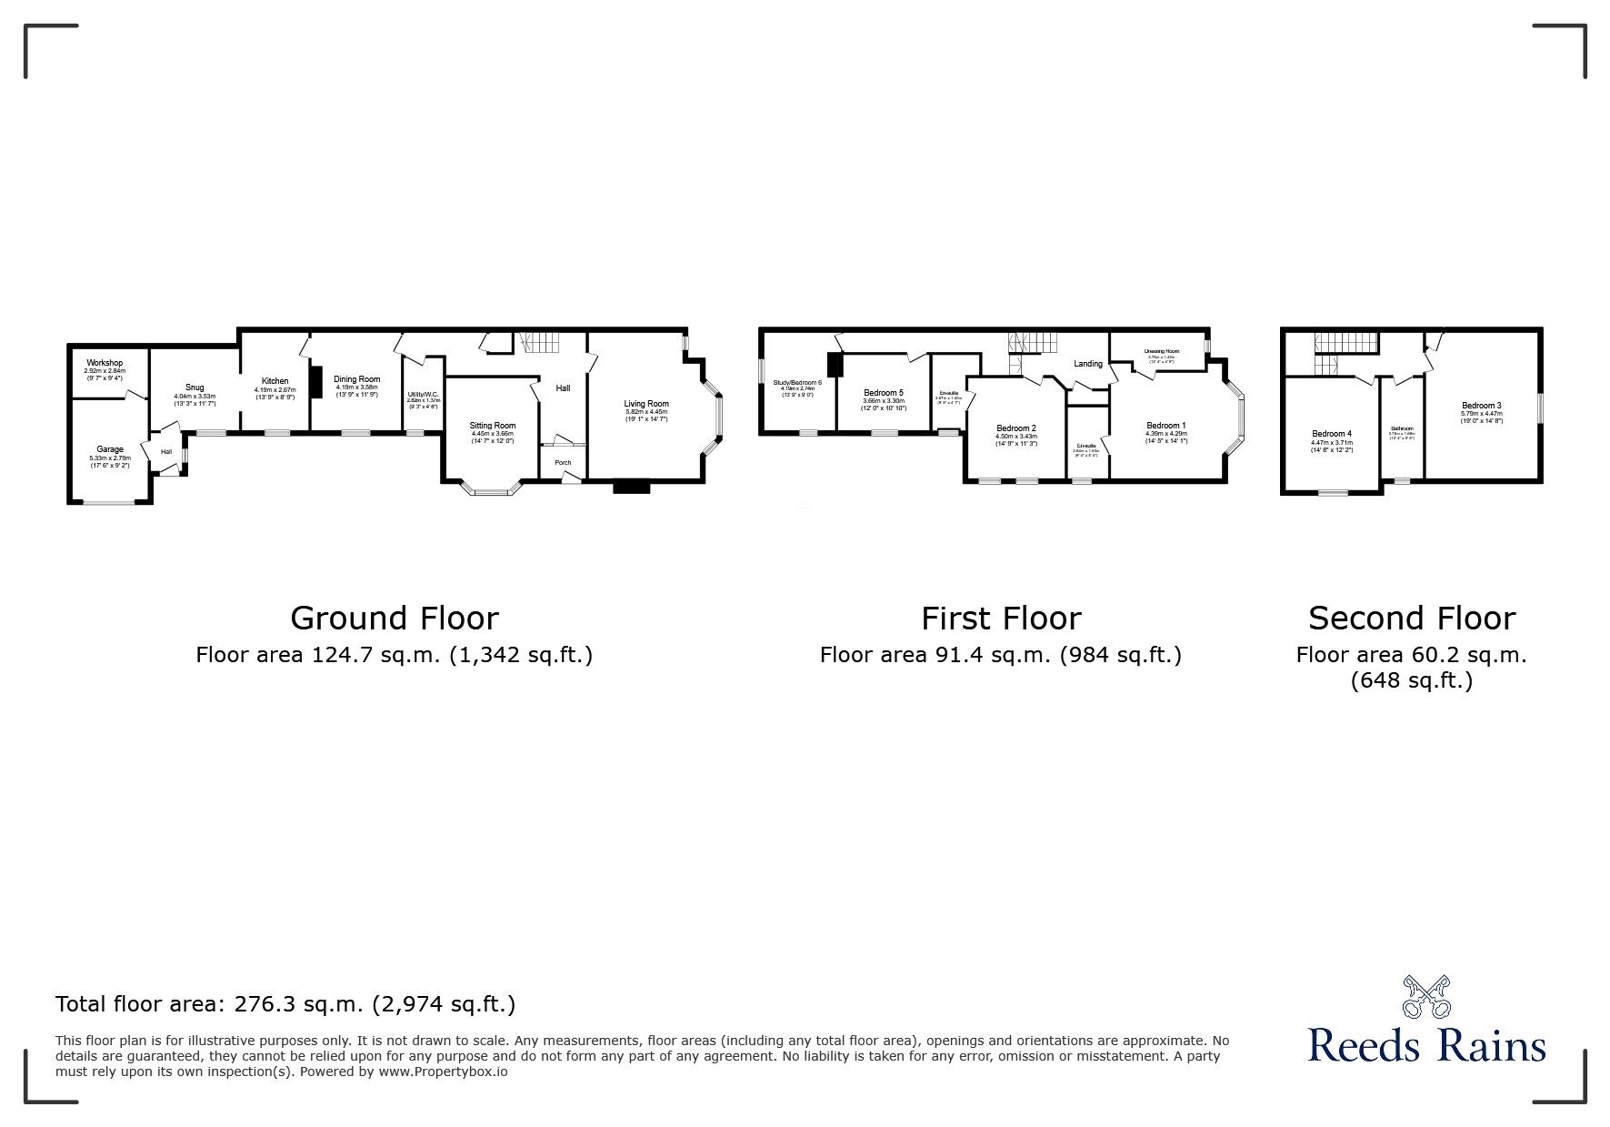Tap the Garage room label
coord(110,449)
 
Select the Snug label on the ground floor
coord(194,387)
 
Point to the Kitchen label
coord(275,381)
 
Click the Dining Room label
coord(357,379)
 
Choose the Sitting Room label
coord(492,426)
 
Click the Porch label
coord(563,462)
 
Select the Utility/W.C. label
coord(423,395)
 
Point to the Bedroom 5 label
coord(883,393)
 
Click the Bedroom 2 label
coord(1015,428)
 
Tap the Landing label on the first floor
coord(1087,364)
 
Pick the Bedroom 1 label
coord(1165,426)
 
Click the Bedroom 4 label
coord(1331,434)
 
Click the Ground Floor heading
coord(394,619)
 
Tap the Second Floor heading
coord(1411,619)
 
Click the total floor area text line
coord(285,1004)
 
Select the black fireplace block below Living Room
coord(632,487)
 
